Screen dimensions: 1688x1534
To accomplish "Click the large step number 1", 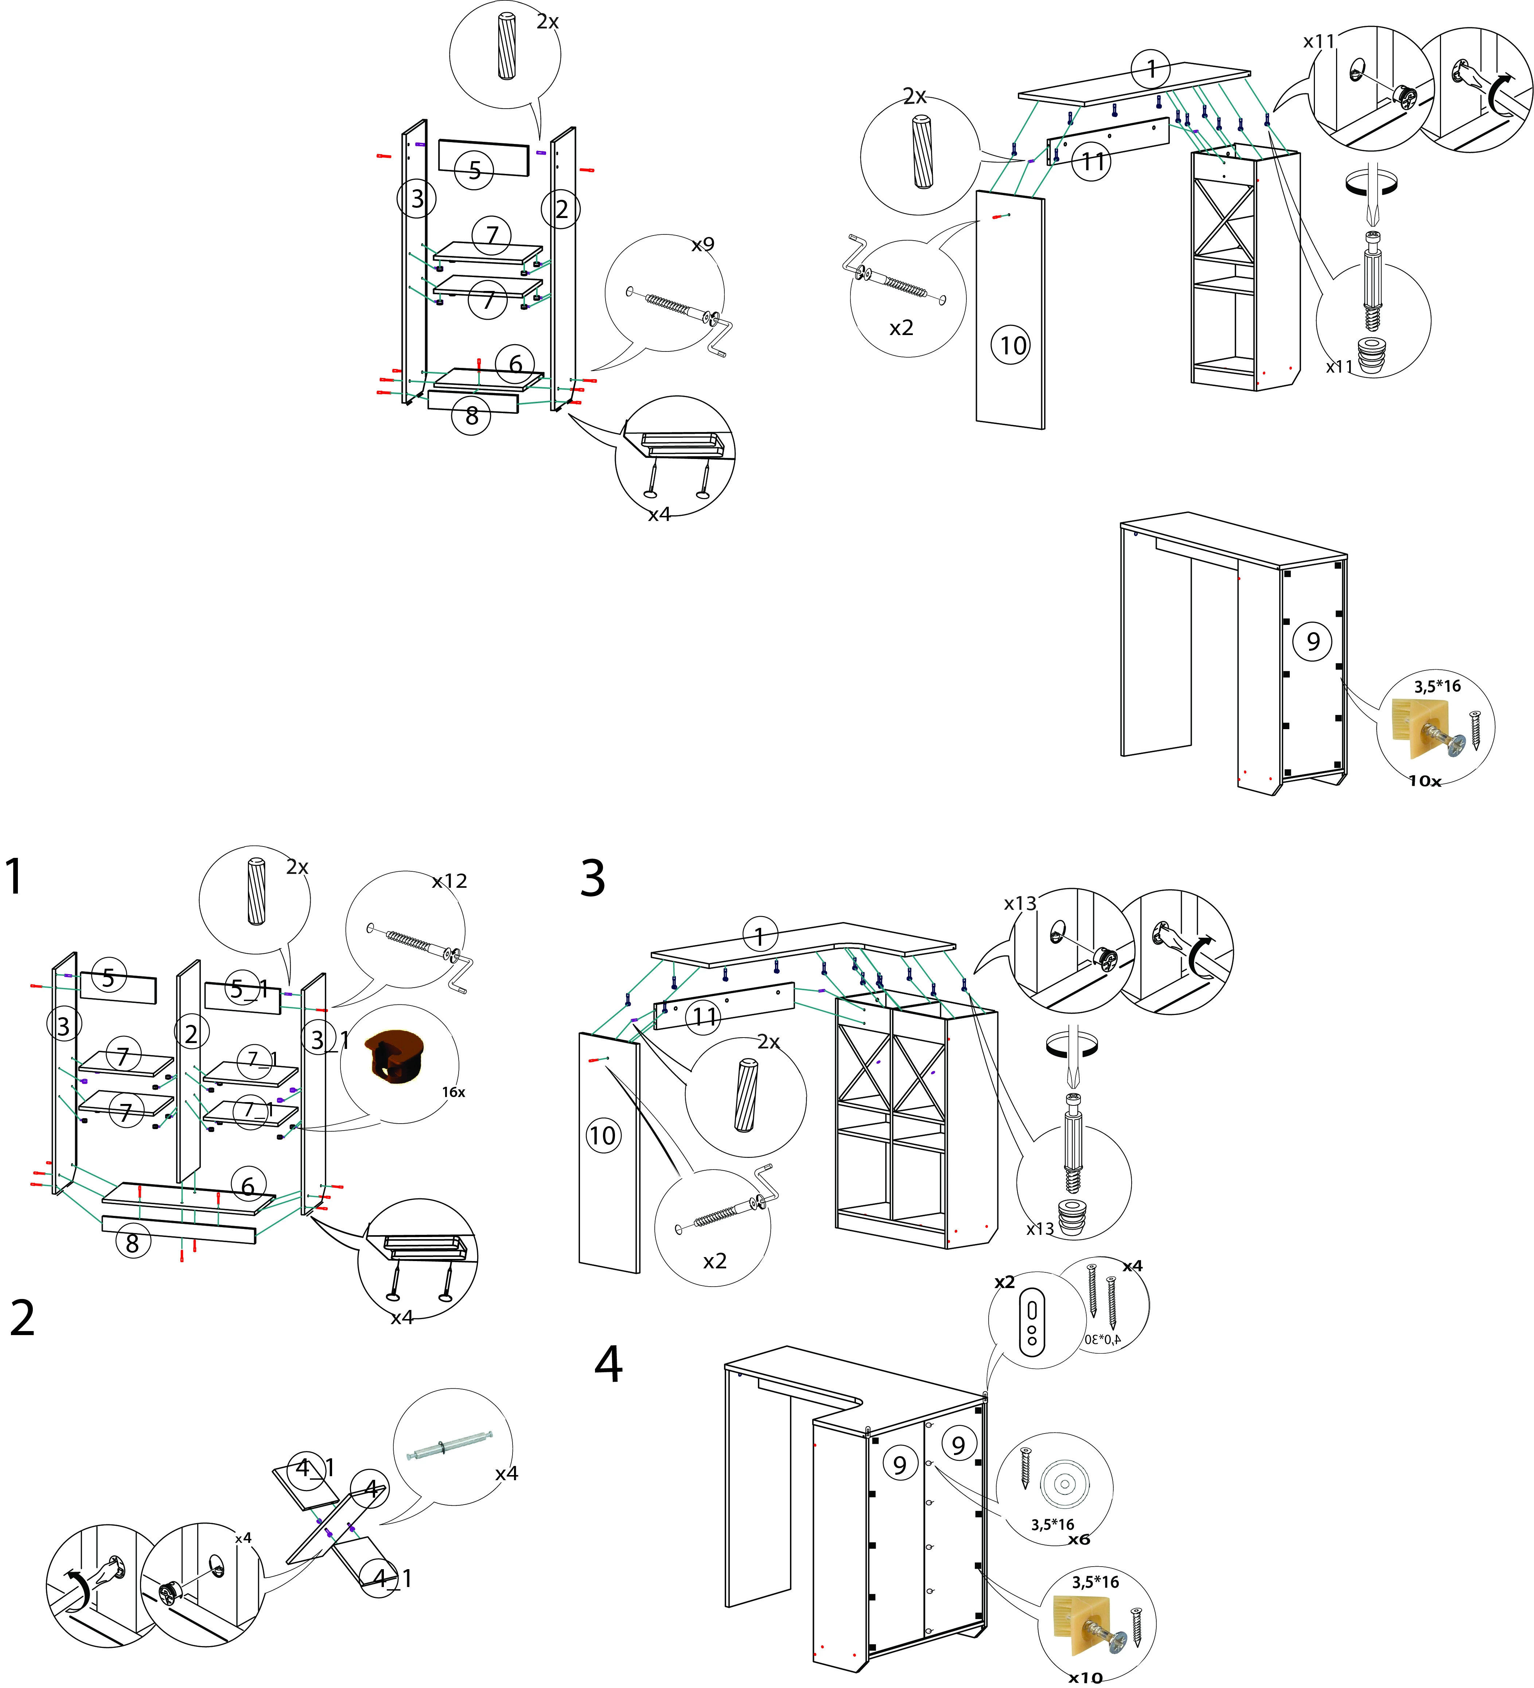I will pos(14,878).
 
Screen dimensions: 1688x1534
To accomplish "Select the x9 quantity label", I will pos(702,245).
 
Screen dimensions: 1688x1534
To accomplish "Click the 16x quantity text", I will pos(453,1092).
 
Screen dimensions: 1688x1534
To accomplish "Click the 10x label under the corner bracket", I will pos(1424,781).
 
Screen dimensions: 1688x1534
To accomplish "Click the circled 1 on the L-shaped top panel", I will pos(759,935).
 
